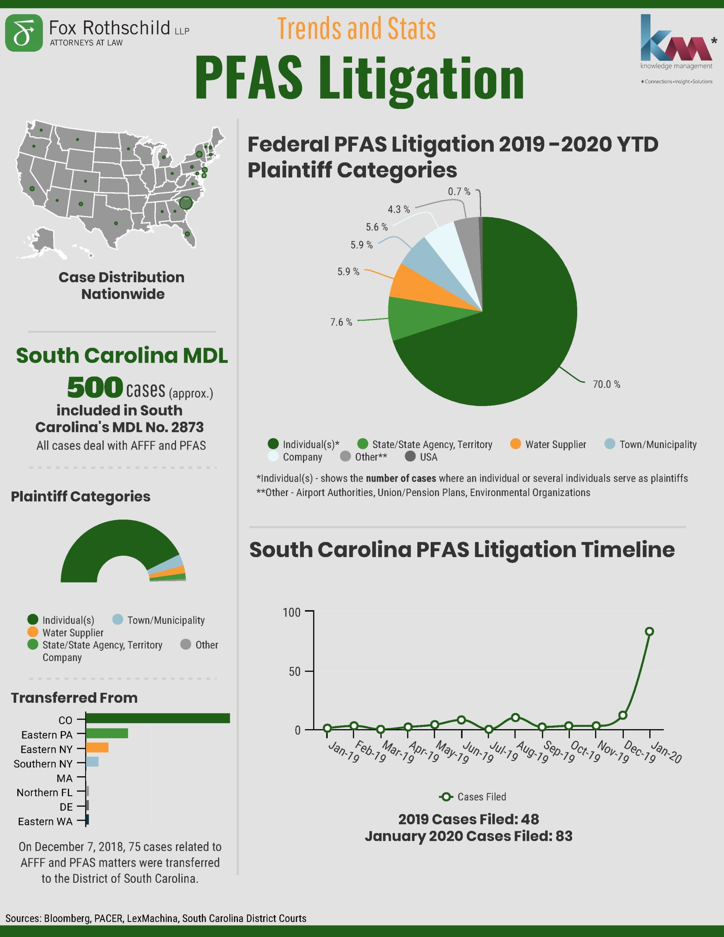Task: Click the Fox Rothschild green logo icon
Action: pyautogui.click(x=24, y=33)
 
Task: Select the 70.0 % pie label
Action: pyautogui.click(x=606, y=384)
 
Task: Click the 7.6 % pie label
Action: pyautogui.click(x=341, y=322)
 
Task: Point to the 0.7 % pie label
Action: pyautogui.click(x=459, y=192)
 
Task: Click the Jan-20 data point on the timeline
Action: pyautogui.click(x=649, y=631)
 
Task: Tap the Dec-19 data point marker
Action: pyautogui.click(x=623, y=715)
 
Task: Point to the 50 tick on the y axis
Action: pyautogui.click(x=295, y=671)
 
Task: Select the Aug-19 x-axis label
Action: pyautogui.click(x=532, y=752)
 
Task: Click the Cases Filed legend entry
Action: pyautogui.click(x=473, y=797)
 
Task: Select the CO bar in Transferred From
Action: pyautogui.click(x=157, y=718)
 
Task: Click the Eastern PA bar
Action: pyautogui.click(x=107, y=733)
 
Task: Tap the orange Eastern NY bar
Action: pyautogui.click(x=97, y=748)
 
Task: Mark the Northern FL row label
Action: pyautogui.click(x=45, y=792)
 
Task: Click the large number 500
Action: pyautogui.click(x=95, y=387)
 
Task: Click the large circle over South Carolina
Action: pyautogui.click(x=186, y=202)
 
